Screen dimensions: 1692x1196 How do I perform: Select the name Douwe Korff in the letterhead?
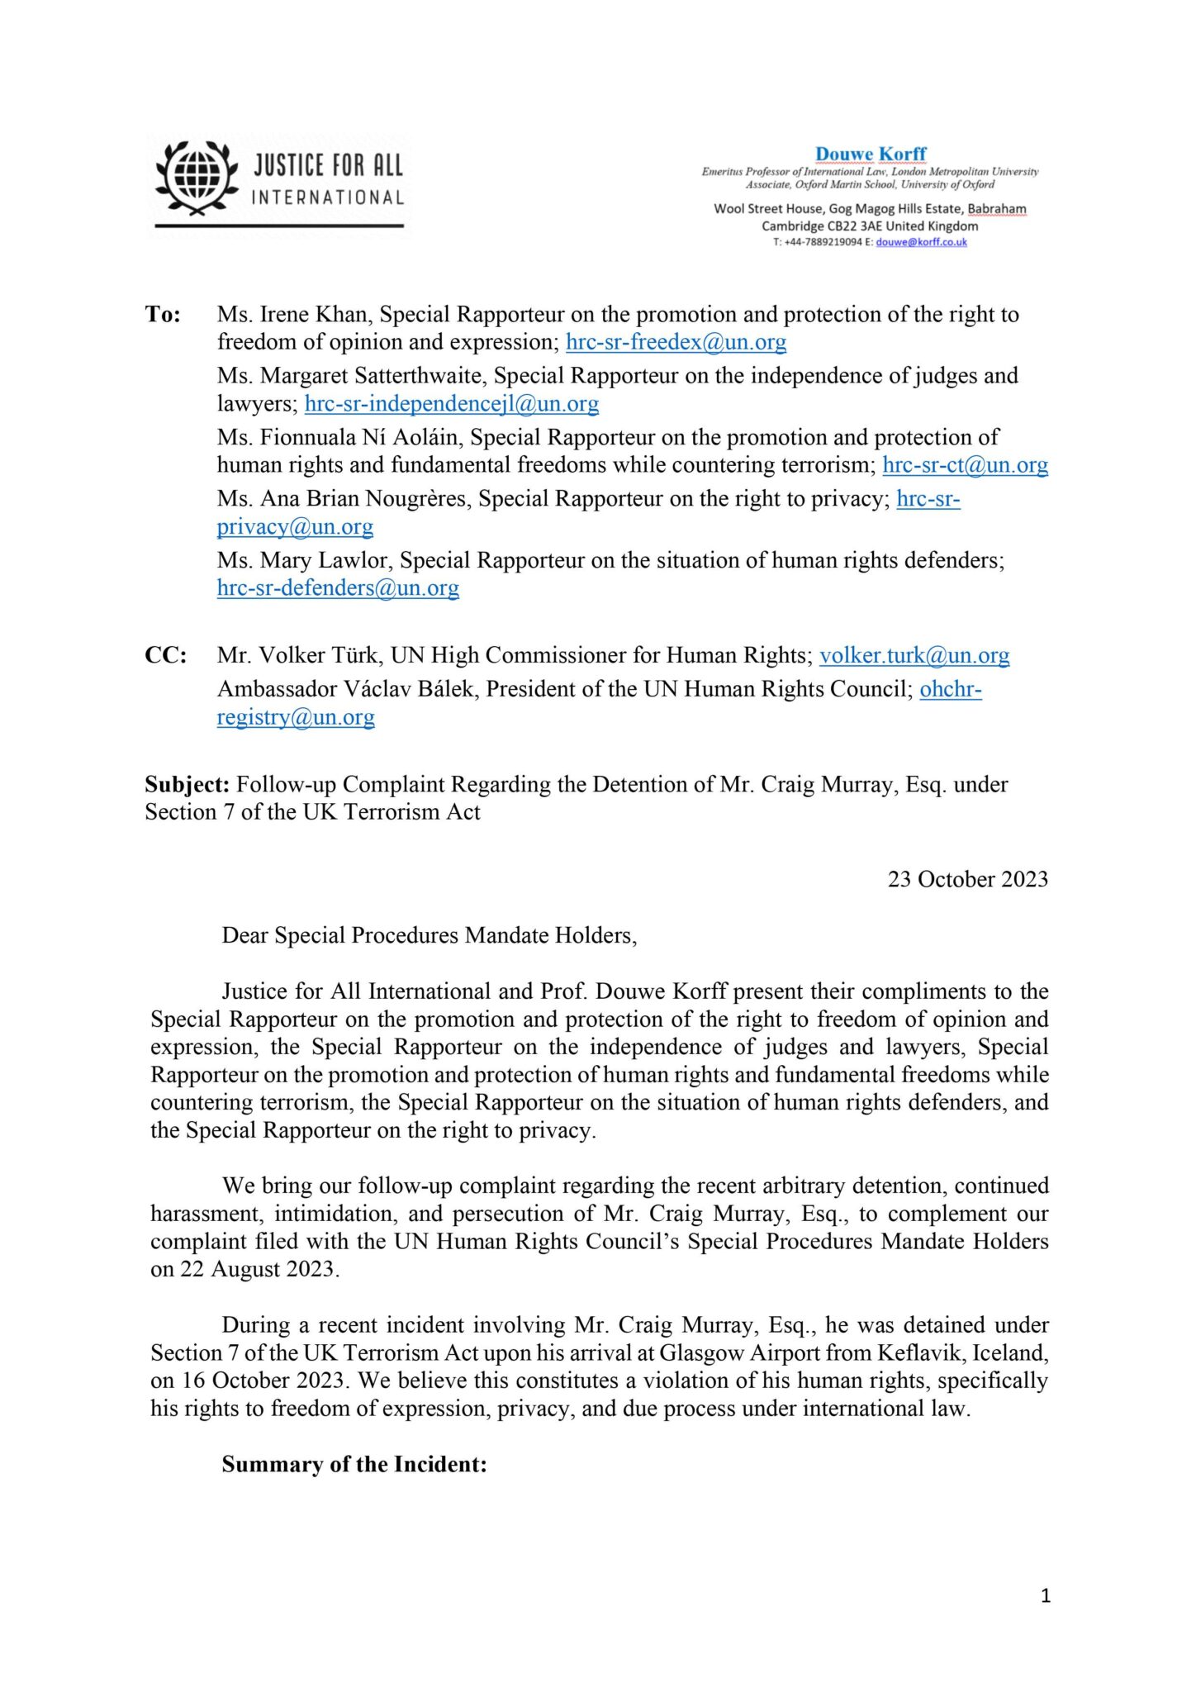[871, 154]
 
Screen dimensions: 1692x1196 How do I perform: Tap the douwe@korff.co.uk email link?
[921, 242]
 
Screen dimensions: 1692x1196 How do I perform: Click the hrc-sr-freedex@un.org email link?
[676, 342]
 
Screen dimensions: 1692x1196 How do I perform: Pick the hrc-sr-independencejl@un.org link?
[452, 403]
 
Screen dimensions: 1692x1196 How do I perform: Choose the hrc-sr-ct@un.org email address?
[965, 465]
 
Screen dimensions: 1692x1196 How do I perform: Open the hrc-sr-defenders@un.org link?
[338, 587]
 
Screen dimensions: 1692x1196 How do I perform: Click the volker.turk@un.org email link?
[914, 655]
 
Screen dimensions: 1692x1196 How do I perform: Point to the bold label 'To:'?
[164, 315]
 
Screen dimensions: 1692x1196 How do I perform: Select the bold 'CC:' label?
[166, 655]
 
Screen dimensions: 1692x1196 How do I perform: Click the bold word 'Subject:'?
[187, 784]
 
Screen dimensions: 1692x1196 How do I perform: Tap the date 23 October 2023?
[967, 879]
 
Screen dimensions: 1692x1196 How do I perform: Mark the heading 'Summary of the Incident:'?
[354, 1464]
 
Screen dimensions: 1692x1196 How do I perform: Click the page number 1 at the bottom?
[1046, 1595]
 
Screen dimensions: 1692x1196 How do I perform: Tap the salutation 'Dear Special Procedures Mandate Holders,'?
[430, 935]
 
